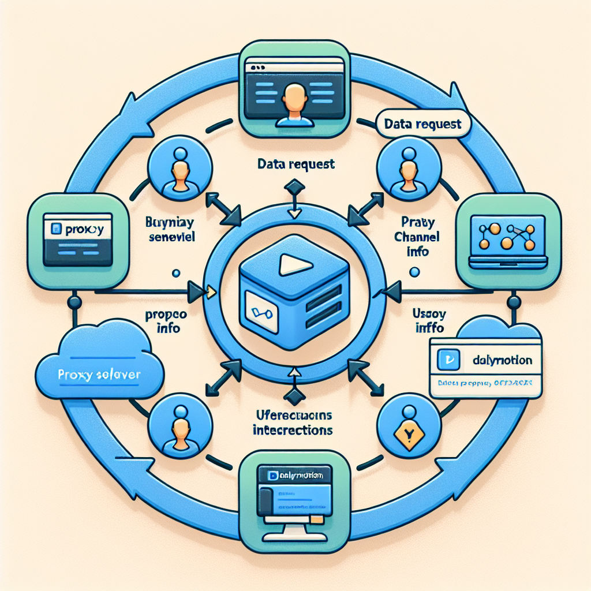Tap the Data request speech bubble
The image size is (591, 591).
click(x=422, y=124)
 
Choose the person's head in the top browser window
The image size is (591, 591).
click(x=295, y=95)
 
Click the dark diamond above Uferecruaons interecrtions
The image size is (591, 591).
click(x=295, y=395)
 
